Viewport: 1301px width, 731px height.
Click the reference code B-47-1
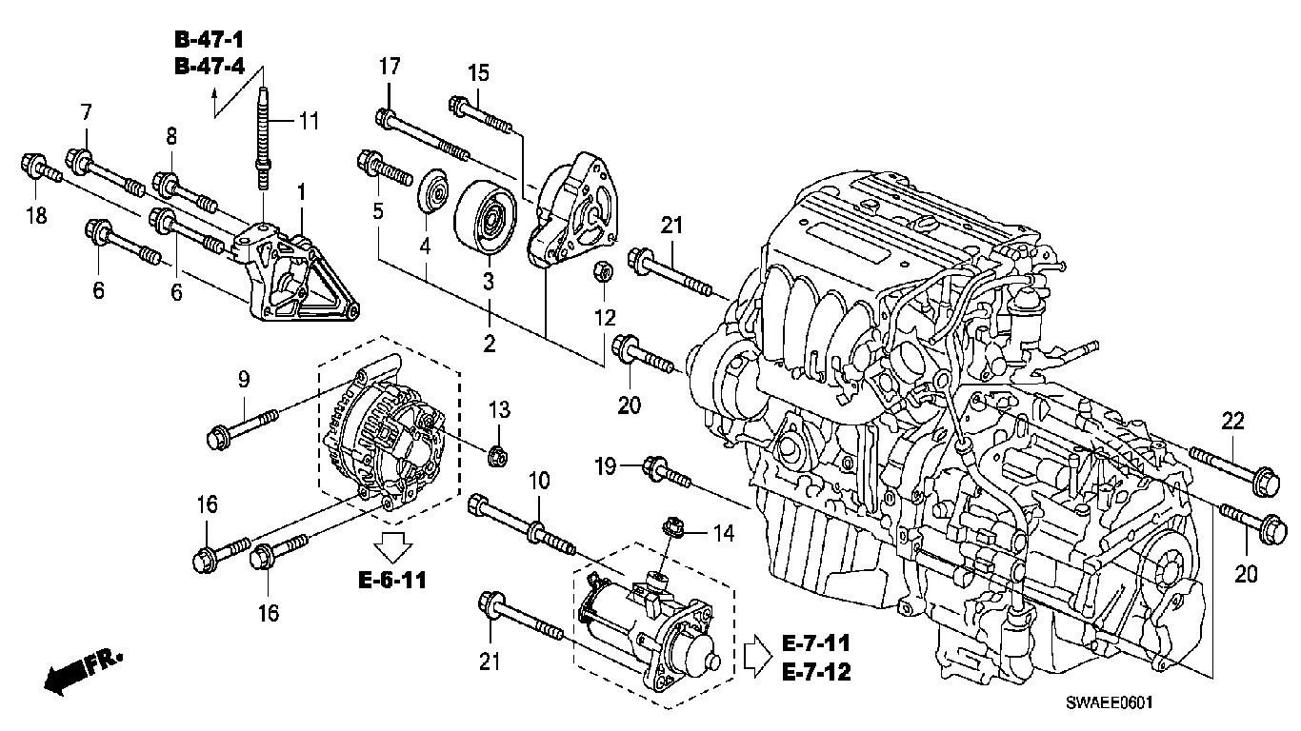[x=210, y=39]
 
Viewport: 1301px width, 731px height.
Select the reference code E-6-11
[x=392, y=580]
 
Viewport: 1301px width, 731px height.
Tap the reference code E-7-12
[x=816, y=672]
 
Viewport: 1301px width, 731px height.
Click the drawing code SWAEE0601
[x=1109, y=702]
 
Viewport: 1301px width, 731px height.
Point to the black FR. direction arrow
[x=81, y=671]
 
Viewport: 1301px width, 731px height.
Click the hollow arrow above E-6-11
[x=393, y=545]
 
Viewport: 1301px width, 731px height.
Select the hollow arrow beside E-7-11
[x=758, y=656]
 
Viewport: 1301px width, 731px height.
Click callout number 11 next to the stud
[x=309, y=121]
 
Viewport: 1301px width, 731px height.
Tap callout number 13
[x=499, y=409]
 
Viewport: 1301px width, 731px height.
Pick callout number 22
[x=1232, y=421]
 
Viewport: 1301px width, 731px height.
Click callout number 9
[x=244, y=380]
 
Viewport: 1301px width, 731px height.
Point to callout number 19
[x=605, y=465]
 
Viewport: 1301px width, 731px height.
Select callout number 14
[x=724, y=533]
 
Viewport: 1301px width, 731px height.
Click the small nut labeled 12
[x=603, y=271]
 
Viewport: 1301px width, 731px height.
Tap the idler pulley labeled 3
[x=485, y=217]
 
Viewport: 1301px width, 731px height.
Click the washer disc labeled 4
[x=434, y=191]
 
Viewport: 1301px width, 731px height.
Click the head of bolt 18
[x=31, y=165]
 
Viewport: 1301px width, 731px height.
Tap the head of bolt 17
[x=386, y=118]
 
